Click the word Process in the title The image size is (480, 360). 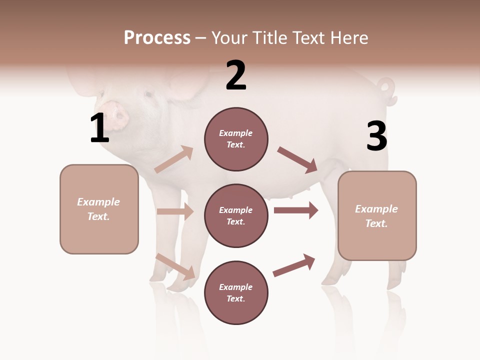pyautogui.click(x=157, y=38)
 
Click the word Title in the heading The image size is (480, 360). pyautogui.click(x=270, y=38)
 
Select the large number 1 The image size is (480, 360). pyautogui.click(x=99, y=128)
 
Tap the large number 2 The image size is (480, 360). pyautogui.click(x=236, y=75)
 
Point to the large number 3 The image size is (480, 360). pyautogui.click(x=376, y=136)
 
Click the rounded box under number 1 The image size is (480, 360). pyautogui.click(x=99, y=209)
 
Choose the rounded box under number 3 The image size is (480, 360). pyautogui.click(x=377, y=215)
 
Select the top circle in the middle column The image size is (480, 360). pyautogui.click(x=236, y=139)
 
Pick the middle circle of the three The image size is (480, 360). pyautogui.click(x=236, y=215)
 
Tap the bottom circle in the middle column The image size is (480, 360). pyautogui.click(x=236, y=292)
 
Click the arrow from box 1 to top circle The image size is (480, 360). pyautogui.click(x=174, y=159)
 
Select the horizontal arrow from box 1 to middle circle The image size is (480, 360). pyautogui.click(x=175, y=211)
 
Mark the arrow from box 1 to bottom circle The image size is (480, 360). pyautogui.click(x=175, y=266)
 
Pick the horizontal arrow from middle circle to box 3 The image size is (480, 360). pyautogui.click(x=296, y=210)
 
